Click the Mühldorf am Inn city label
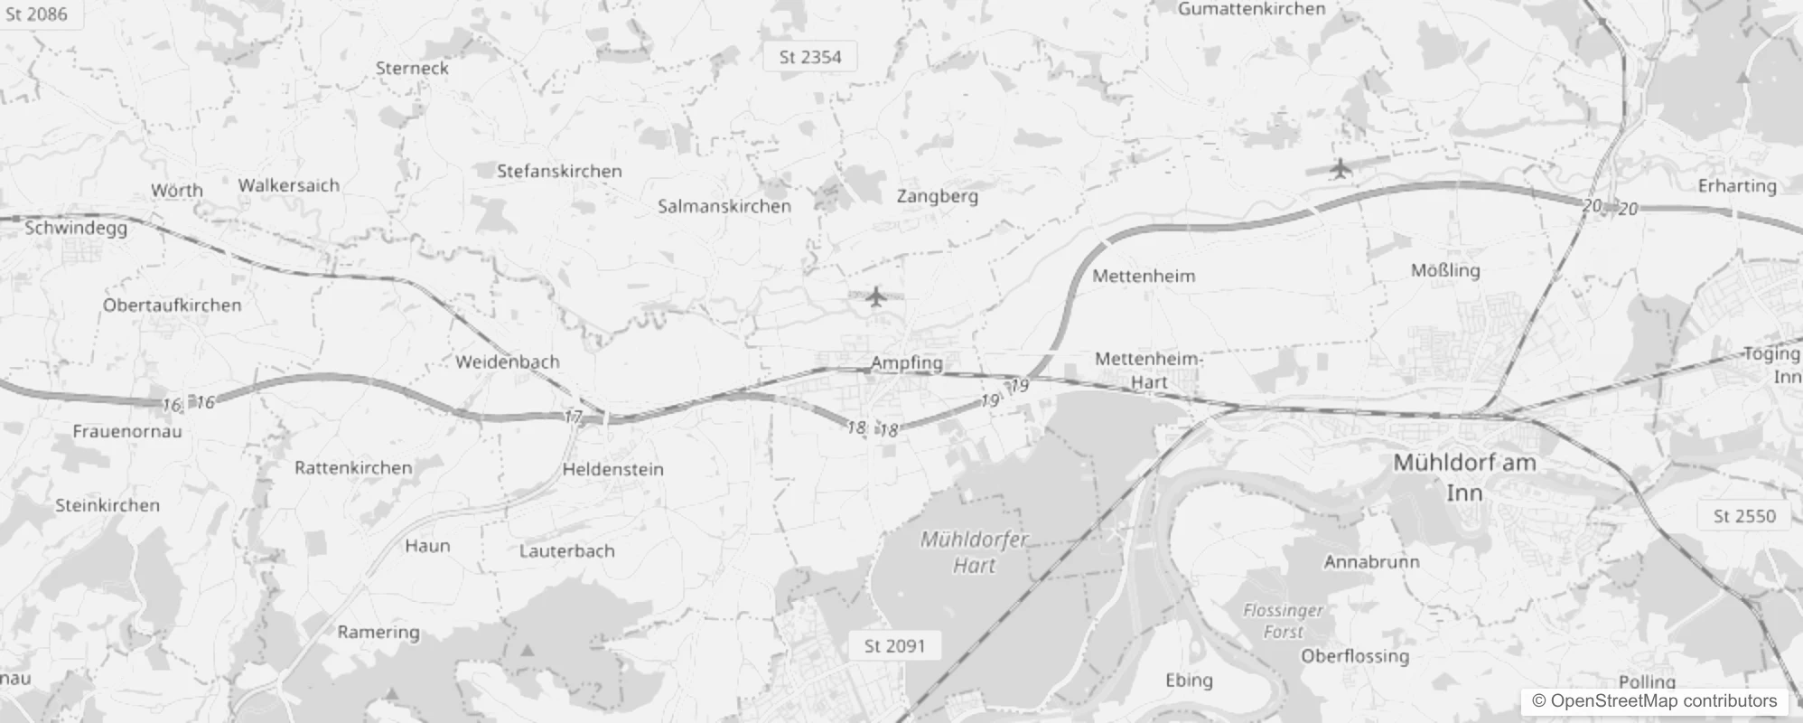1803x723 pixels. coord(1464,476)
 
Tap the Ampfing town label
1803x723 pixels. coord(906,362)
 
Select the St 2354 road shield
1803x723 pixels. coord(810,57)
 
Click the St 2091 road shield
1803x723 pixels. coord(894,645)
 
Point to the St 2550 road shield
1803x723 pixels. coord(1744,516)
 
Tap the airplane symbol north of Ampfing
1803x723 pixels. coord(874,296)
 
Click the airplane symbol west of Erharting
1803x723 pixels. coord(1341,168)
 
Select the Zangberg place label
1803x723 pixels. coord(937,195)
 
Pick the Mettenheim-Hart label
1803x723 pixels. coord(1148,371)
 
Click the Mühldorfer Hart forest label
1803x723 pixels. coord(974,552)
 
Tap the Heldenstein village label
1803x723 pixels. coord(612,469)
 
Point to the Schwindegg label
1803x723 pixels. coord(76,228)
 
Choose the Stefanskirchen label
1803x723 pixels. coord(559,171)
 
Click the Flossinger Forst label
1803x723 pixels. coord(1283,621)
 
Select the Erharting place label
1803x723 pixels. coord(1737,186)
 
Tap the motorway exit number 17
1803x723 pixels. coord(573,417)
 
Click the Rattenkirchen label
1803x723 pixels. coord(353,467)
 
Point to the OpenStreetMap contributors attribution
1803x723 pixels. coord(1663,701)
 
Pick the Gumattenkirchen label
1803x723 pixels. coord(1251,9)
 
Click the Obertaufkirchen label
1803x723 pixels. coord(172,305)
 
